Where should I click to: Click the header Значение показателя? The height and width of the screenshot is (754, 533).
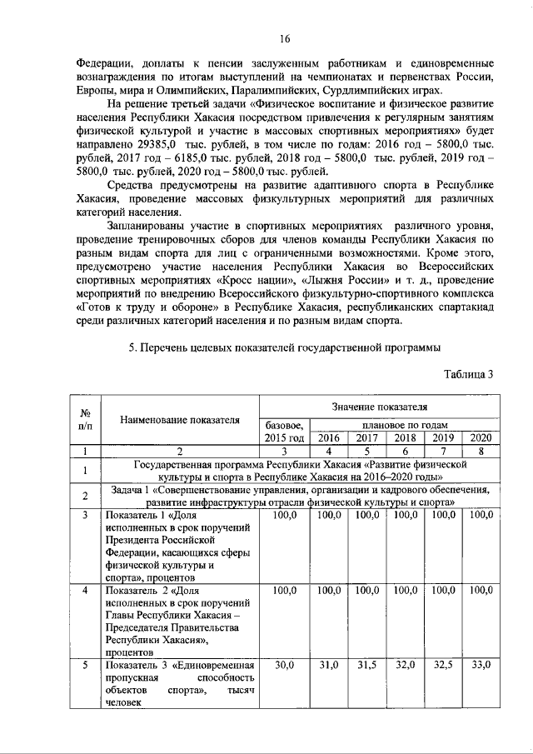click(378, 407)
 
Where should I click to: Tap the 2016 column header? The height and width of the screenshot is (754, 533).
click(330, 437)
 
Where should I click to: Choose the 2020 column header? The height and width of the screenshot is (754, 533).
click(481, 437)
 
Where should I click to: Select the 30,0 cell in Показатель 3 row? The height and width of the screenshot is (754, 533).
click(286, 665)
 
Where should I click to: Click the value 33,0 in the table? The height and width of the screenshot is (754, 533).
click(481, 665)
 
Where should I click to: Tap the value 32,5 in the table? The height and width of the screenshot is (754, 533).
click(443, 665)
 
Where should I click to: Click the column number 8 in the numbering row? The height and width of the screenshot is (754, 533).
click(481, 452)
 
